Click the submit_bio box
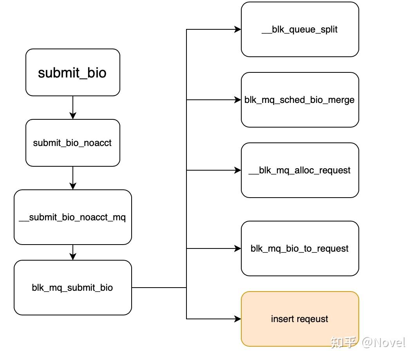click(x=73, y=72)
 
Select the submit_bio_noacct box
click(x=73, y=143)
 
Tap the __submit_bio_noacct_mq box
click(x=73, y=217)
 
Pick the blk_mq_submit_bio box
click(x=73, y=288)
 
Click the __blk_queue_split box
click(x=300, y=29)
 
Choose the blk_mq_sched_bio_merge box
click(x=300, y=100)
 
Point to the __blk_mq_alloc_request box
click(x=300, y=170)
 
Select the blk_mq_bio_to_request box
click(x=300, y=248)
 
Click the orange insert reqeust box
click(x=300, y=319)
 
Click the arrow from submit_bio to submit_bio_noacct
click(x=73, y=108)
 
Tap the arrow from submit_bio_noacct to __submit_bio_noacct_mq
click(x=73, y=178)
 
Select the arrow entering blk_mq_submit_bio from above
click(x=73, y=252)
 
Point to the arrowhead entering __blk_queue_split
click(x=238, y=29)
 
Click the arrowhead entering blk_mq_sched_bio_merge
click(x=238, y=100)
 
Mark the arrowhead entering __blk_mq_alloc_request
click(x=238, y=170)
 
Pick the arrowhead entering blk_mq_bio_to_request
click(x=238, y=248)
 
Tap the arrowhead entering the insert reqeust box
click(x=238, y=319)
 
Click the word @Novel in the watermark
click(x=383, y=342)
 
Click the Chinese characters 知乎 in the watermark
click(x=343, y=342)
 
